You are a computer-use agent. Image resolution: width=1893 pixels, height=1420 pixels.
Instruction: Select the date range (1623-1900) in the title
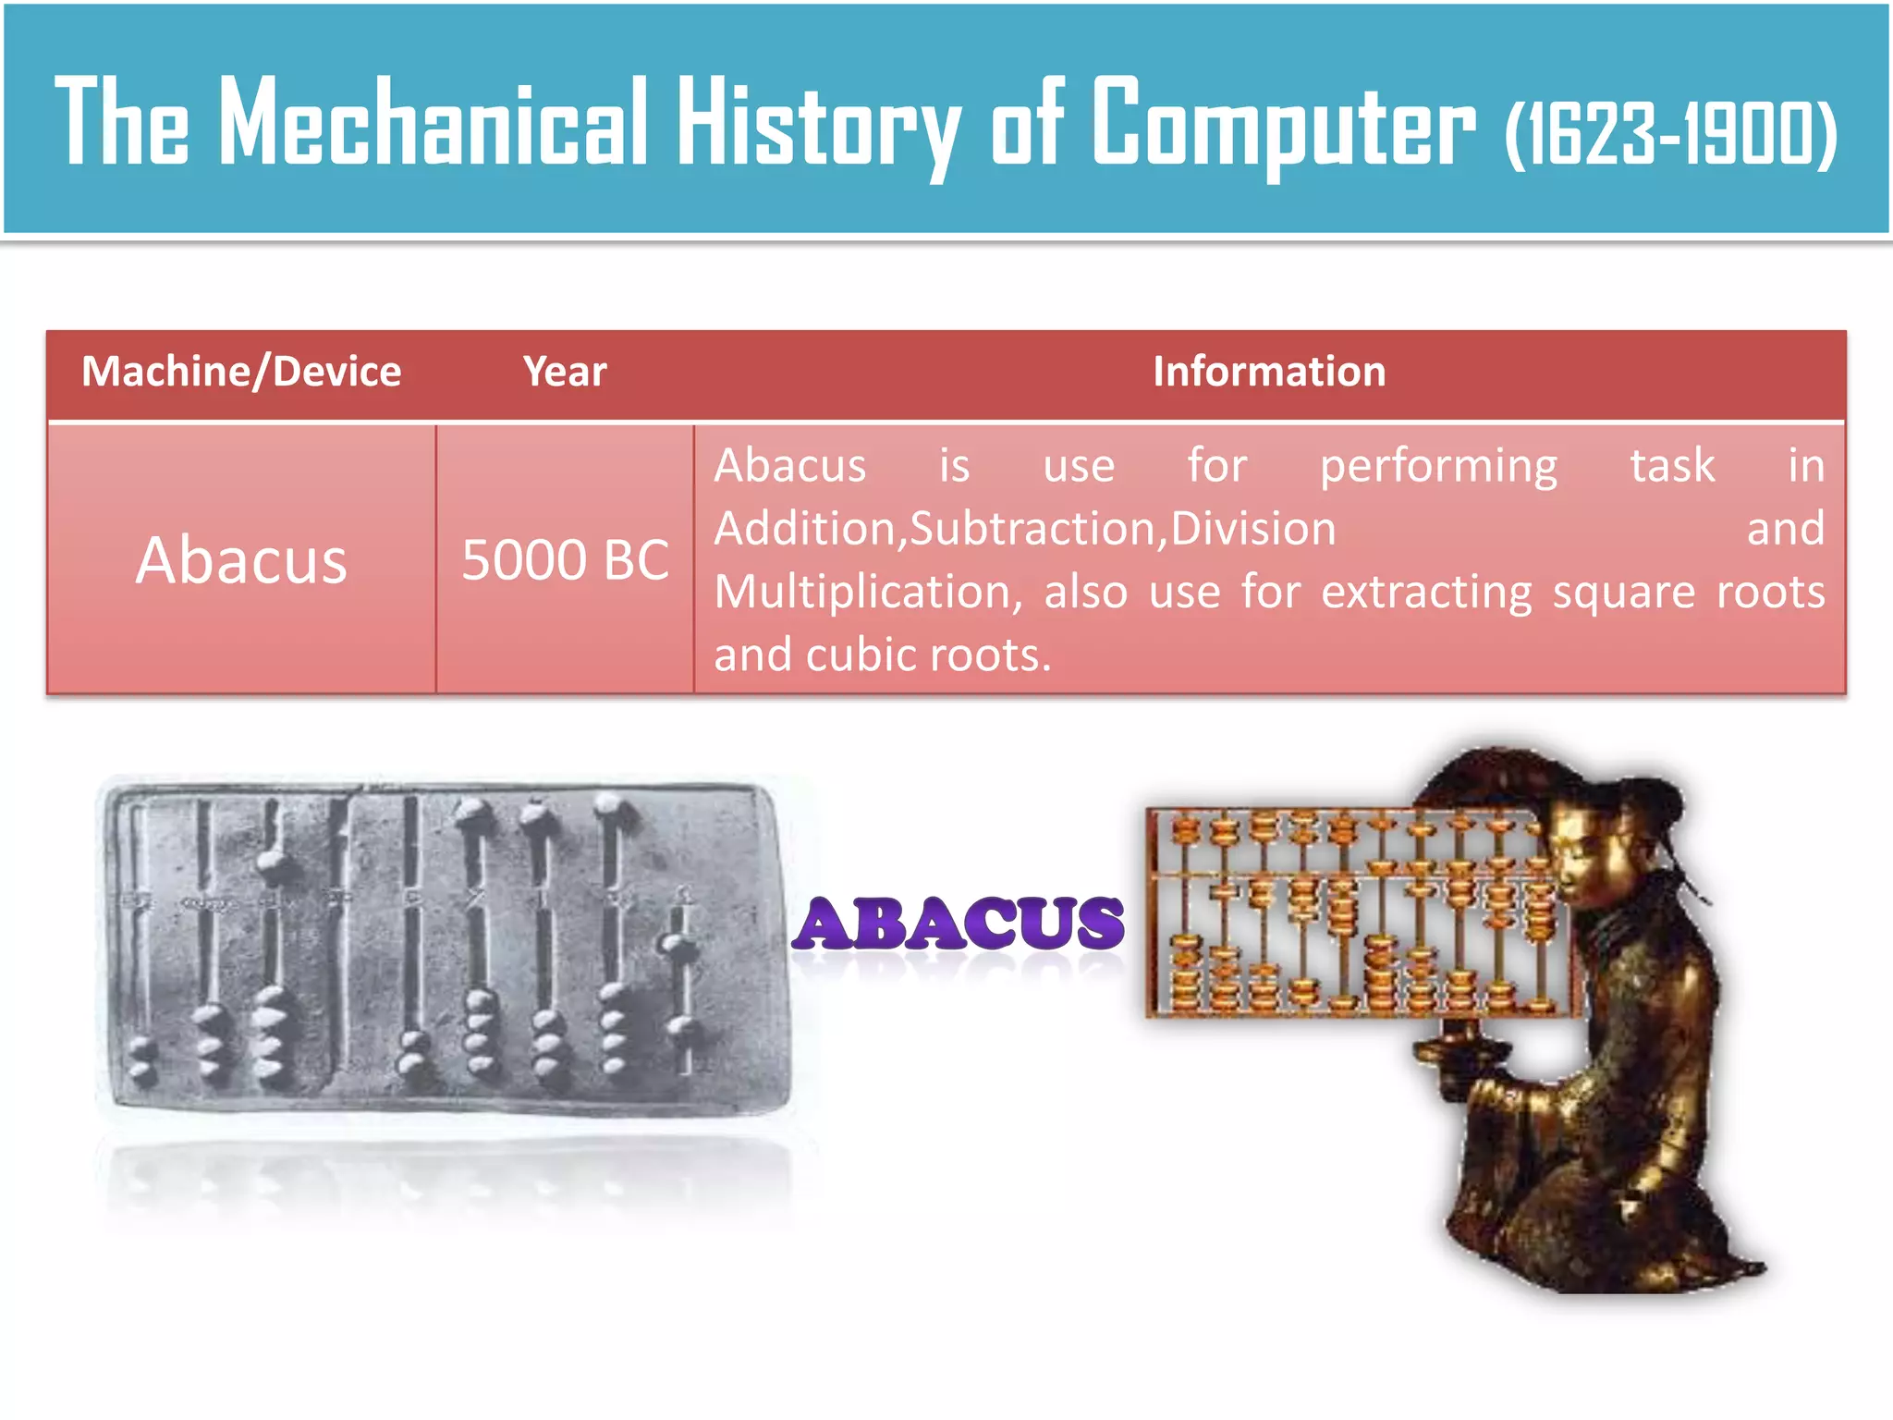point(1670,135)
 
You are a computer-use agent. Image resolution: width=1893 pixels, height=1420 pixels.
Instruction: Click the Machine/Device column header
point(241,372)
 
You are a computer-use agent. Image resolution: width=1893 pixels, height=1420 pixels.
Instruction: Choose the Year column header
point(565,372)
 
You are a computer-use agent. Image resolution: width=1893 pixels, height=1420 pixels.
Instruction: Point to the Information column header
point(1269,372)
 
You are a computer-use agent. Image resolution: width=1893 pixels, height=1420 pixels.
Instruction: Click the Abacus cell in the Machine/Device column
point(241,560)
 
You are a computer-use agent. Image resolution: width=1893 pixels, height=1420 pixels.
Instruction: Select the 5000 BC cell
point(565,560)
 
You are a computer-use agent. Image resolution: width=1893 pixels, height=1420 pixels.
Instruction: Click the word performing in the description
point(1438,466)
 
